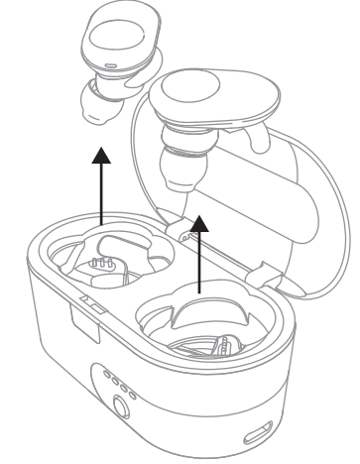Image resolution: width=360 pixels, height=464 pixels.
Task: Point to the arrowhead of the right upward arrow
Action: pos(202,221)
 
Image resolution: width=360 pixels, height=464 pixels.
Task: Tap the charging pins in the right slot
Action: pos(223,348)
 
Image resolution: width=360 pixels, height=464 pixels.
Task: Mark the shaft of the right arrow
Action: pos(202,263)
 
